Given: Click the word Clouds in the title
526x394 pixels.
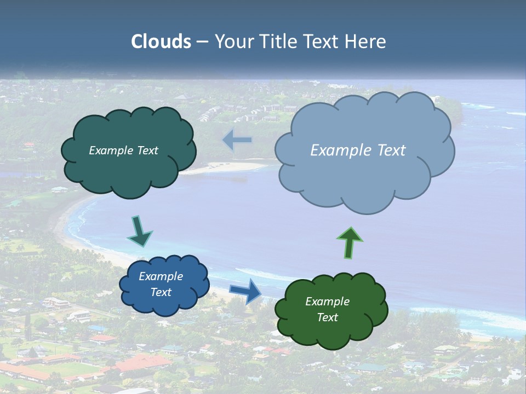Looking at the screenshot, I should tap(161, 42).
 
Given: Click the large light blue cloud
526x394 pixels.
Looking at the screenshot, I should tap(364, 175).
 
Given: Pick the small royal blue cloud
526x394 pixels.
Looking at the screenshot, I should tap(164, 304).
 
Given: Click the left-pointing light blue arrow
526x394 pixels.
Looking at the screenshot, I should tap(237, 141).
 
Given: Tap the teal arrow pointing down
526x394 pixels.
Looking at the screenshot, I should tap(139, 231).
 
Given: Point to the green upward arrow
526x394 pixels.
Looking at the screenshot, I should tap(350, 242).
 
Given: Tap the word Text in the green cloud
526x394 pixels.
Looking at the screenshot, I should tap(328, 317).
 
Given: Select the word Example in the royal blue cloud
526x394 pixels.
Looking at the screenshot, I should tap(161, 276).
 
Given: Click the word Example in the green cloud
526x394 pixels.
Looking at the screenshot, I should tap(328, 302).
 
